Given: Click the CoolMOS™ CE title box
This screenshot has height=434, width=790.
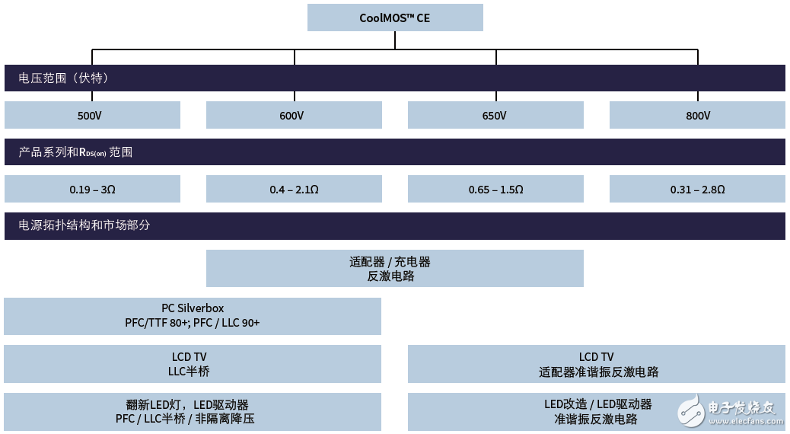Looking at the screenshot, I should coord(395,18).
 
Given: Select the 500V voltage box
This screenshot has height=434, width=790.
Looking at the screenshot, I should coord(92,116).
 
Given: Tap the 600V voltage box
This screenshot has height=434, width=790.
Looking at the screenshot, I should coord(294,116).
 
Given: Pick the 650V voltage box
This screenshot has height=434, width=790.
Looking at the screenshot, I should coord(495,116).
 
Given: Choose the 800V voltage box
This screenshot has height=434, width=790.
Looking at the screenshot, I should coord(697,116).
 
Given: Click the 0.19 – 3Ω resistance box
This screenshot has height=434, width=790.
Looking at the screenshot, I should coord(92,189).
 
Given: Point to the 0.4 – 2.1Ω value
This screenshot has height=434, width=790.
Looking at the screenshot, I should coord(294,189).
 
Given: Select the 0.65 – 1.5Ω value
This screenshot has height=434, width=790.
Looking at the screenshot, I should coord(495,189).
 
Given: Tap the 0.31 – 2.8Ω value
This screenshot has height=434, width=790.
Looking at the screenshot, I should coord(697,189).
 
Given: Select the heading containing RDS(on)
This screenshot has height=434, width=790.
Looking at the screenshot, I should coord(76,152).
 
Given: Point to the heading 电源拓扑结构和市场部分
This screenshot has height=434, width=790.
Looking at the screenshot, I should coord(84,226).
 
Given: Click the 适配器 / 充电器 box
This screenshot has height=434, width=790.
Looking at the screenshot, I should coord(394,269).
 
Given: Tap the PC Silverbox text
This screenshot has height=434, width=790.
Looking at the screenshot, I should coord(193,308).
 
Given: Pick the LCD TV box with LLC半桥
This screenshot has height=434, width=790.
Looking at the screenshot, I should coord(193,364).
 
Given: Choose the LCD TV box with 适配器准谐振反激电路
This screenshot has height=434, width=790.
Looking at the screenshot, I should coord(597,364).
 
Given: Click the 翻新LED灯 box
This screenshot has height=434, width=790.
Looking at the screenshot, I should coord(193,411).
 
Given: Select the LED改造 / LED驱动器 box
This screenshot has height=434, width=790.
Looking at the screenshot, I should coord(597,411).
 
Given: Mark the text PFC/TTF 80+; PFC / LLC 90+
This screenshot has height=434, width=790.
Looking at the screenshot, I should coord(193,323).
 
